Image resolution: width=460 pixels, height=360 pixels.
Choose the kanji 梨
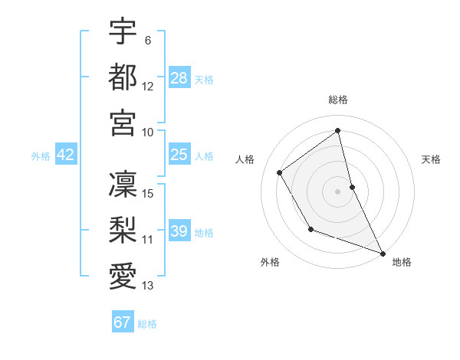(123, 229)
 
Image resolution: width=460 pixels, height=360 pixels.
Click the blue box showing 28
(179, 77)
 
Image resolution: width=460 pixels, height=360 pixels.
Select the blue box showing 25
(179, 155)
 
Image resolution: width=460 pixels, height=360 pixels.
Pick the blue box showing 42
(66, 155)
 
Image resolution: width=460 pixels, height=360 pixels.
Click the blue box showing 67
(123, 322)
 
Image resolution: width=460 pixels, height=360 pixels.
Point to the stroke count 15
(148, 193)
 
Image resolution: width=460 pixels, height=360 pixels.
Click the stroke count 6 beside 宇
(147, 41)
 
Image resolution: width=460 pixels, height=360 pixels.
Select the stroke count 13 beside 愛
(148, 286)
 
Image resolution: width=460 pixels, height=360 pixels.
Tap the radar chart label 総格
(338, 100)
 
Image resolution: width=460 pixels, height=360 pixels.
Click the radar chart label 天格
(432, 159)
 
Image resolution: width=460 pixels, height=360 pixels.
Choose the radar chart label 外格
(270, 262)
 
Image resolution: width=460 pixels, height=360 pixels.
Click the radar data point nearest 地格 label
(383, 253)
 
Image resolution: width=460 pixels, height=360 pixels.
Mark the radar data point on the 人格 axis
(280, 172)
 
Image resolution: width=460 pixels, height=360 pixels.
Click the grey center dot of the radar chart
(338, 191)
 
